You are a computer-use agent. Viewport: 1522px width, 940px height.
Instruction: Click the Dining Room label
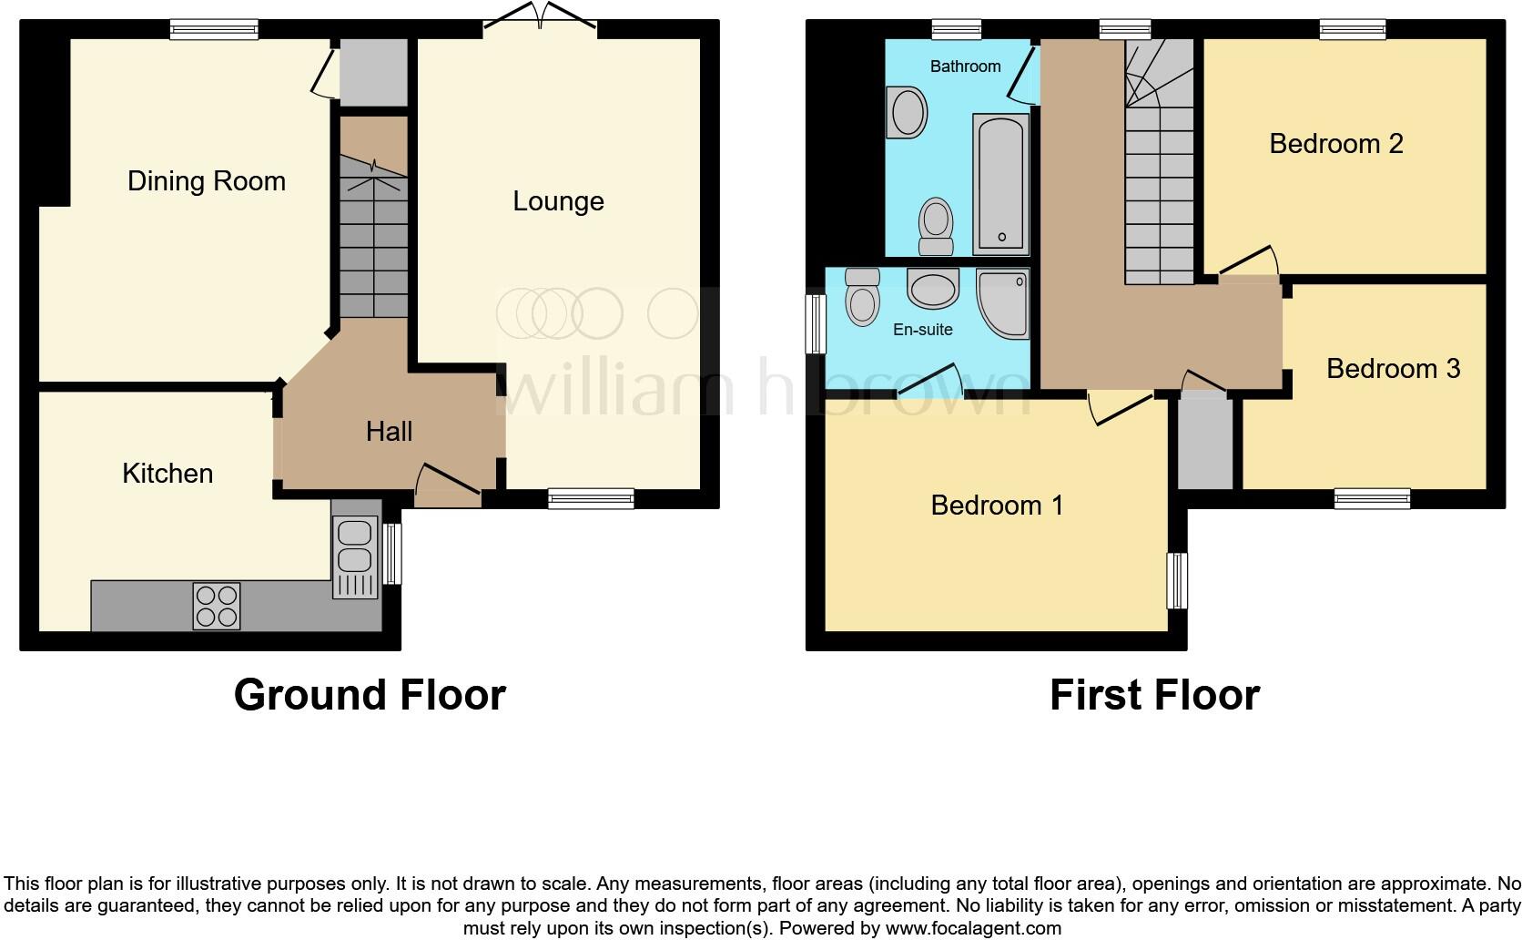point(206,181)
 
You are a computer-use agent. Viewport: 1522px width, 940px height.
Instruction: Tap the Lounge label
point(558,201)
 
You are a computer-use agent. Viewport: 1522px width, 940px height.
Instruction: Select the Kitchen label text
point(167,474)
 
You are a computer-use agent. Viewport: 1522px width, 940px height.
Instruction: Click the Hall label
point(389,432)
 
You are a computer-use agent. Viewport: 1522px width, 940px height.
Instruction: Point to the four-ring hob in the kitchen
point(217,606)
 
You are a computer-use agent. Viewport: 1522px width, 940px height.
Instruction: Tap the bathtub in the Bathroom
point(1000,184)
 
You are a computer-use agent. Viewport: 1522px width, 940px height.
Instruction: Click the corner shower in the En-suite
point(1004,301)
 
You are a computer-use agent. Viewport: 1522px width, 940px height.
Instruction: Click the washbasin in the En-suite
point(933,289)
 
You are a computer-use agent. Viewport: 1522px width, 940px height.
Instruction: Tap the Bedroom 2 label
point(1335,144)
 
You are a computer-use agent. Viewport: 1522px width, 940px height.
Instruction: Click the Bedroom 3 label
point(1393,369)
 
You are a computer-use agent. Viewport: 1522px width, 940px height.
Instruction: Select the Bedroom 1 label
point(997,506)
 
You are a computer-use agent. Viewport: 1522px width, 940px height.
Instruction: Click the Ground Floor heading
point(370,695)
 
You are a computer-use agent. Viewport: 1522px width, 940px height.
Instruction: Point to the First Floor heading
point(1154,695)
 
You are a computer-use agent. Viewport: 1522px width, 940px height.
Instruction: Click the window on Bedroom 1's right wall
point(1178,580)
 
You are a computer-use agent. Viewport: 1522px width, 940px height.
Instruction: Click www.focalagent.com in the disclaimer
point(972,929)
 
